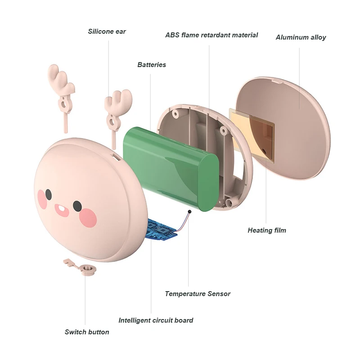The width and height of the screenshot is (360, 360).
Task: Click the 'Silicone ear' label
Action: (107, 31)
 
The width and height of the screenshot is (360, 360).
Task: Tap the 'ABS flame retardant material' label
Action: (211, 35)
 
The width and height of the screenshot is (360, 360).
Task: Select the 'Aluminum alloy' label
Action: (301, 37)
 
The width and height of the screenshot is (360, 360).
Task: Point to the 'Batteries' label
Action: (152, 65)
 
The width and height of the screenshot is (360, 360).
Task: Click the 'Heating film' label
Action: (267, 230)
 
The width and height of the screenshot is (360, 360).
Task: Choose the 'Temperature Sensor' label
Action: (198, 294)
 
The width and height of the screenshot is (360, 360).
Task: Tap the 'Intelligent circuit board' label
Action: (156, 320)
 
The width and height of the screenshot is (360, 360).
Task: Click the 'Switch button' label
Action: (87, 332)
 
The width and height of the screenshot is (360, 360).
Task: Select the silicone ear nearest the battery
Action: (116, 110)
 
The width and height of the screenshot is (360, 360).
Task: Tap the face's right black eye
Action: (77, 206)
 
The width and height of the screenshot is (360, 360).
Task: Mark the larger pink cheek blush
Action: (87, 218)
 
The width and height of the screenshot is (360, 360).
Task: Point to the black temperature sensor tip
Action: (189, 211)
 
